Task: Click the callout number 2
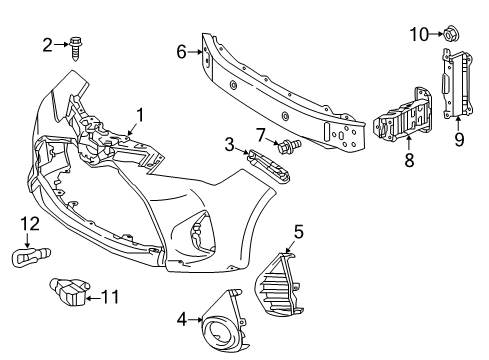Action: click(47, 45)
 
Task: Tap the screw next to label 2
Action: click(75, 48)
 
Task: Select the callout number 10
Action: click(419, 34)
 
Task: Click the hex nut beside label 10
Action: click(451, 33)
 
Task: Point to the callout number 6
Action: click(181, 52)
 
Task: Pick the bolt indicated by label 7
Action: click(289, 145)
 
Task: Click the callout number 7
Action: click(261, 135)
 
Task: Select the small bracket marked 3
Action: click(269, 165)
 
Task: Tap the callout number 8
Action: click(409, 159)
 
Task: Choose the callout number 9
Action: click(459, 139)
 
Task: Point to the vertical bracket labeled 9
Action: click(457, 84)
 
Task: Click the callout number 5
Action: click(299, 232)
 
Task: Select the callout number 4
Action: click(182, 320)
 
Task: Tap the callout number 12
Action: click(30, 224)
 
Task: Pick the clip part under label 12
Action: click(31, 257)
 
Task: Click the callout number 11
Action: click(110, 297)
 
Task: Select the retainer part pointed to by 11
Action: click(69, 292)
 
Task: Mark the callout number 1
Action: click(140, 115)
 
